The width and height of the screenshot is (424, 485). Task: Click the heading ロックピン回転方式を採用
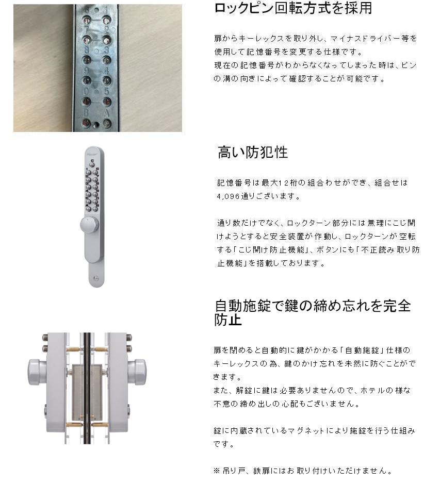pos(292,8)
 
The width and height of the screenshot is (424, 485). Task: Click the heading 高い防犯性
pos(253,152)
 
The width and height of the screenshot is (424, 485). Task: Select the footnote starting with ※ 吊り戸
pos(302,471)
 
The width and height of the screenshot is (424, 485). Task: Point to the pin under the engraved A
pos(107,123)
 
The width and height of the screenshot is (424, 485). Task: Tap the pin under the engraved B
pos(87,123)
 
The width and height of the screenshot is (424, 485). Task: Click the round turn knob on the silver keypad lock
pos(89,224)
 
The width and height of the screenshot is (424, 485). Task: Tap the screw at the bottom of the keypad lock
pos(95,278)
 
